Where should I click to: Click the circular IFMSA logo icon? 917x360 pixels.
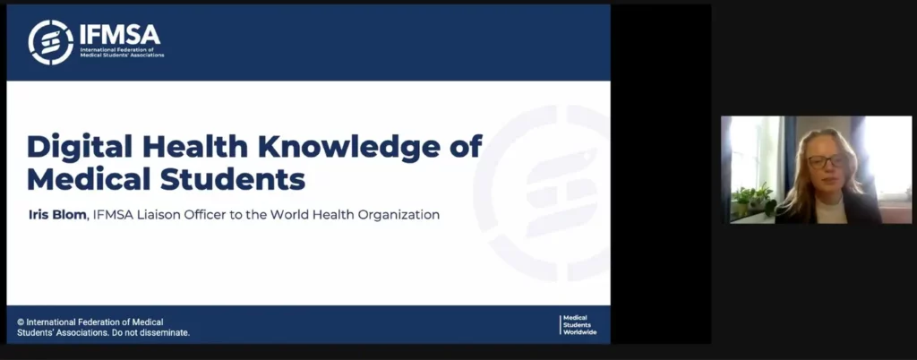[x=51, y=42]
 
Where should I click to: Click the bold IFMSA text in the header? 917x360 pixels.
[x=119, y=35]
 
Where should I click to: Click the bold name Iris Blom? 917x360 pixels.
[x=57, y=215]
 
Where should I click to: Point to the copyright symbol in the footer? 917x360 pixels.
[x=21, y=322]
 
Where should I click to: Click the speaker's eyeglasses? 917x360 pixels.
[x=827, y=160]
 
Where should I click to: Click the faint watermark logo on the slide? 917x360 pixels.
[x=542, y=193]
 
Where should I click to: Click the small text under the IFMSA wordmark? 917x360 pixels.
[x=122, y=53]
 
